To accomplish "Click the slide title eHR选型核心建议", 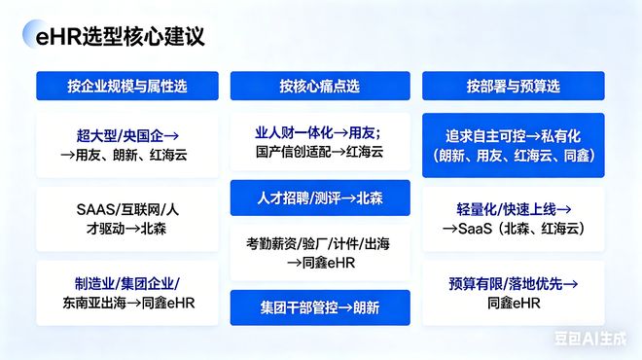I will pyautogui.click(x=114, y=39).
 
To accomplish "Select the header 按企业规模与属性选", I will pyautogui.click(x=128, y=86).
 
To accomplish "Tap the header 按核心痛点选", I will pyautogui.click(x=319, y=86).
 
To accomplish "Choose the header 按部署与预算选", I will pyautogui.click(x=513, y=86).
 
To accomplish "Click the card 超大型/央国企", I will pyautogui.click(x=128, y=144).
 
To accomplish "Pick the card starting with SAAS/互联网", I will pyautogui.click(x=128, y=219).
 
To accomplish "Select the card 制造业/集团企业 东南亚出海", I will pyautogui.click(x=128, y=293).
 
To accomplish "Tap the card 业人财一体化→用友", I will pyautogui.click(x=319, y=141).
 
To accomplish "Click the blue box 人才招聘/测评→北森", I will pyautogui.click(x=319, y=198).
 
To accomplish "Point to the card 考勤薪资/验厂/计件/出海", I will pyautogui.click(x=319, y=252).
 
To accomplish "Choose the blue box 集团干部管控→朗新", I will pyautogui.click(x=319, y=307).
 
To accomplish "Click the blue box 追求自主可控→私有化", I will pyautogui.click(x=513, y=144).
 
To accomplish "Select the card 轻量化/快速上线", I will pyautogui.click(x=513, y=219).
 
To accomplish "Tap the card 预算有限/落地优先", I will pyautogui.click(x=513, y=293).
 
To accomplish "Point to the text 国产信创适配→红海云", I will pyautogui.click(x=319, y=152).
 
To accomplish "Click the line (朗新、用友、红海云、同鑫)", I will pyautogui.click(x=513, y=155).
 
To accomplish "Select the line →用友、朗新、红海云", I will pyautogui.click(x=128, y=155).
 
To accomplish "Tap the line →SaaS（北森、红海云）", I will pyautogui.click(x=513, y=230).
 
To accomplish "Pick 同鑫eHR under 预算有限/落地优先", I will pyautogui.click(x=513, y=304).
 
